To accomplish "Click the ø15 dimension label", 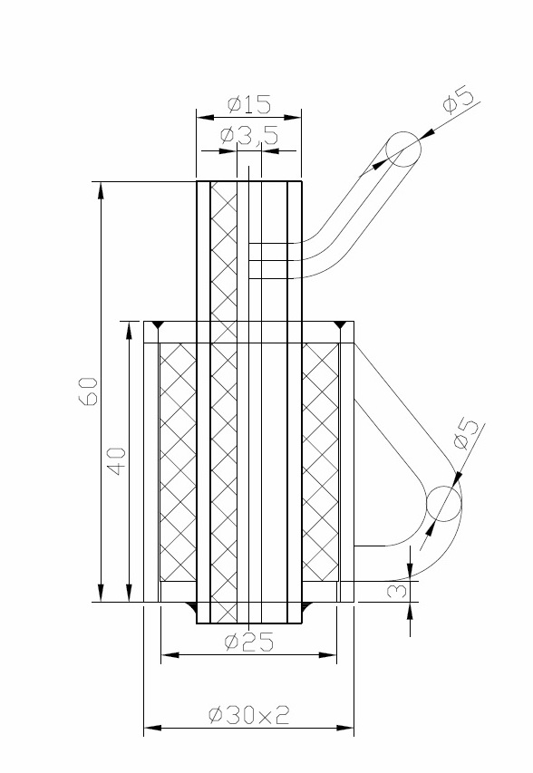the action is [249, 104].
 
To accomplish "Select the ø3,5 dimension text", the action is [249, 135].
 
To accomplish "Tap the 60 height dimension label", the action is [88, 391].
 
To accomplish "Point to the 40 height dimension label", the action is [116, 461].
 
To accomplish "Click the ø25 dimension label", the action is [248, 642].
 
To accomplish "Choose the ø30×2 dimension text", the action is [249, 714].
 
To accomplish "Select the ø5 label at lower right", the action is [466, 434].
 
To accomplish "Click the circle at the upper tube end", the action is [403, 132].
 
